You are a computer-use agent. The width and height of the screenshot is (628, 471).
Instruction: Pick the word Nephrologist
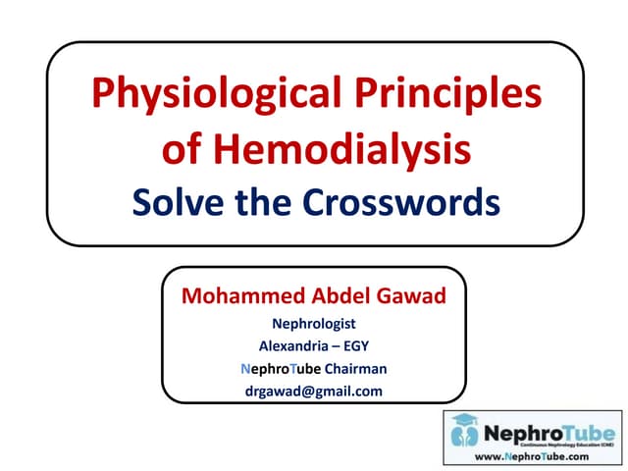[313, 322]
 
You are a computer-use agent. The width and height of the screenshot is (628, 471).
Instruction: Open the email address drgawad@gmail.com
[313, 392]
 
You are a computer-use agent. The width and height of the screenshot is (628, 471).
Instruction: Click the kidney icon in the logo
[463, 433]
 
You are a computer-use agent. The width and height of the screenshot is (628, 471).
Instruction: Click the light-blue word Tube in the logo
[583, 431]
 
